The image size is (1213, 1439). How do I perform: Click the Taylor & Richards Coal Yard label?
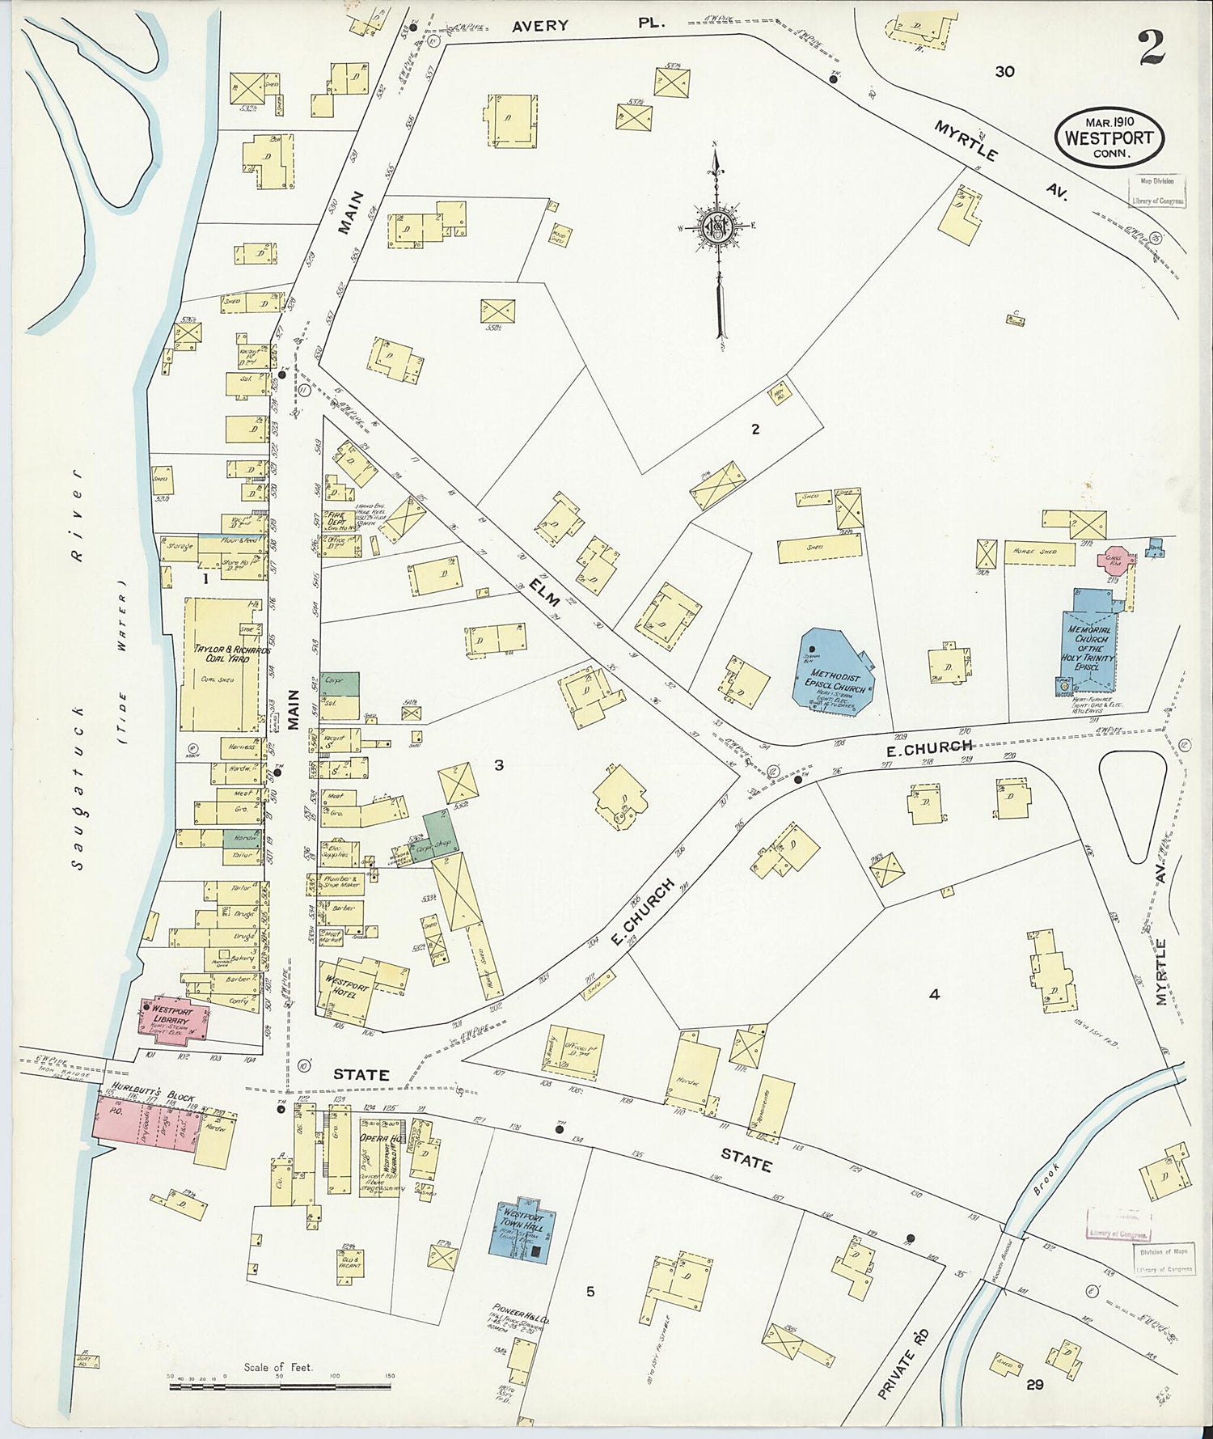point(218,654)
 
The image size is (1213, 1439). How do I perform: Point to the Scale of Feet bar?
point(280,1386)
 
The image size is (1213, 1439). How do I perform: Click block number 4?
point(934,995)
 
